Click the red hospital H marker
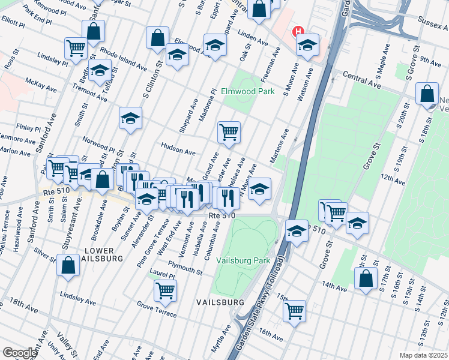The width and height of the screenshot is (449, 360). click(296, 32)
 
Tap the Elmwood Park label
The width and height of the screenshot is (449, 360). click(247, 92)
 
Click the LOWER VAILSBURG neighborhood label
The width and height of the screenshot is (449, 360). click(103, 254)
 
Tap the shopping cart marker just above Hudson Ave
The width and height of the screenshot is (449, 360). click(229, 132)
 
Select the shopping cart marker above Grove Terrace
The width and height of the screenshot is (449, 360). click(165, 290)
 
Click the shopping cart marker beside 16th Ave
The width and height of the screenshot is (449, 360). click(294, 311)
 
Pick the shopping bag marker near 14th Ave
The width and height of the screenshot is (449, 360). click(366, 278)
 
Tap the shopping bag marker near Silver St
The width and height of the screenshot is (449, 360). click(68, 265)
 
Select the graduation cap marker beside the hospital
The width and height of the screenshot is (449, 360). click(307, 45)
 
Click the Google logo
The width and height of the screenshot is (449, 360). click(19, 353)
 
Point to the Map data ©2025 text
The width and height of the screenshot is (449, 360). click(423, 355)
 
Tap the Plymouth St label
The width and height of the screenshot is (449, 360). click(185, 268)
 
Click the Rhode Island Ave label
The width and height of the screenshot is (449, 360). click(124, 58)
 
